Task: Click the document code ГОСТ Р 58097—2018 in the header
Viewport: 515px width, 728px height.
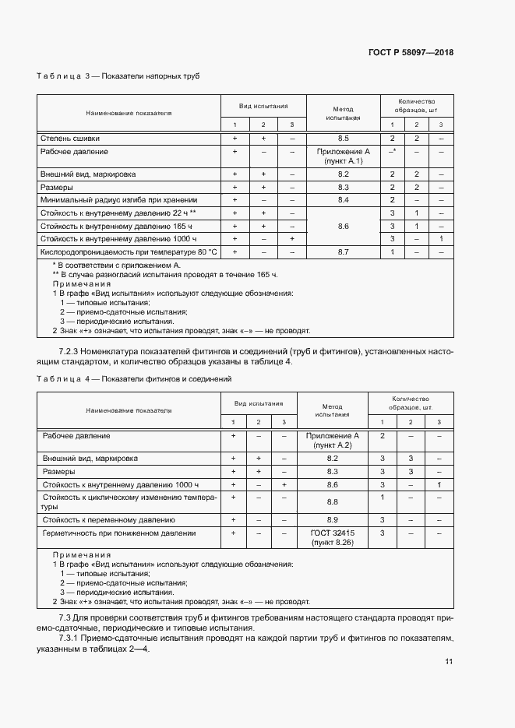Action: (x=410, y=53)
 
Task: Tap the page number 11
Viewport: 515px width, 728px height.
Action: (x=449, y=662)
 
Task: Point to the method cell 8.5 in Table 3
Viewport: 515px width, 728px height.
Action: (x=343, y=138)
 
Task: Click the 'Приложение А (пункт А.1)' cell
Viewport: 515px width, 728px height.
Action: (x=343, y=156)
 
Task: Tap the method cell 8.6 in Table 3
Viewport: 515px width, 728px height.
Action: (x=343, y=226)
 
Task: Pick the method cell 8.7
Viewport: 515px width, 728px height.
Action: (x=343, y=252)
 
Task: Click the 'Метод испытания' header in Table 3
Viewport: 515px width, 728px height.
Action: (x=343, y=114)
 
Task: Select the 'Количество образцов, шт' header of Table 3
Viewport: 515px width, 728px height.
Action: (x=416, y=106)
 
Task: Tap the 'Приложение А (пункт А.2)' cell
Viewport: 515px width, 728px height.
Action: (x=333, y=441)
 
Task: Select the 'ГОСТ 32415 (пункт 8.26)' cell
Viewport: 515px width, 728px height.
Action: (x=333, y=538)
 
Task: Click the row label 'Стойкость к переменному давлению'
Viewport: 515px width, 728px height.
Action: (x=109, y=519)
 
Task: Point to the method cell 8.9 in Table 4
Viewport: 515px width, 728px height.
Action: (x=333, y=519)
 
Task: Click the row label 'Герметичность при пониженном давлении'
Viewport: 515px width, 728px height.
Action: (x=119, y=533)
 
